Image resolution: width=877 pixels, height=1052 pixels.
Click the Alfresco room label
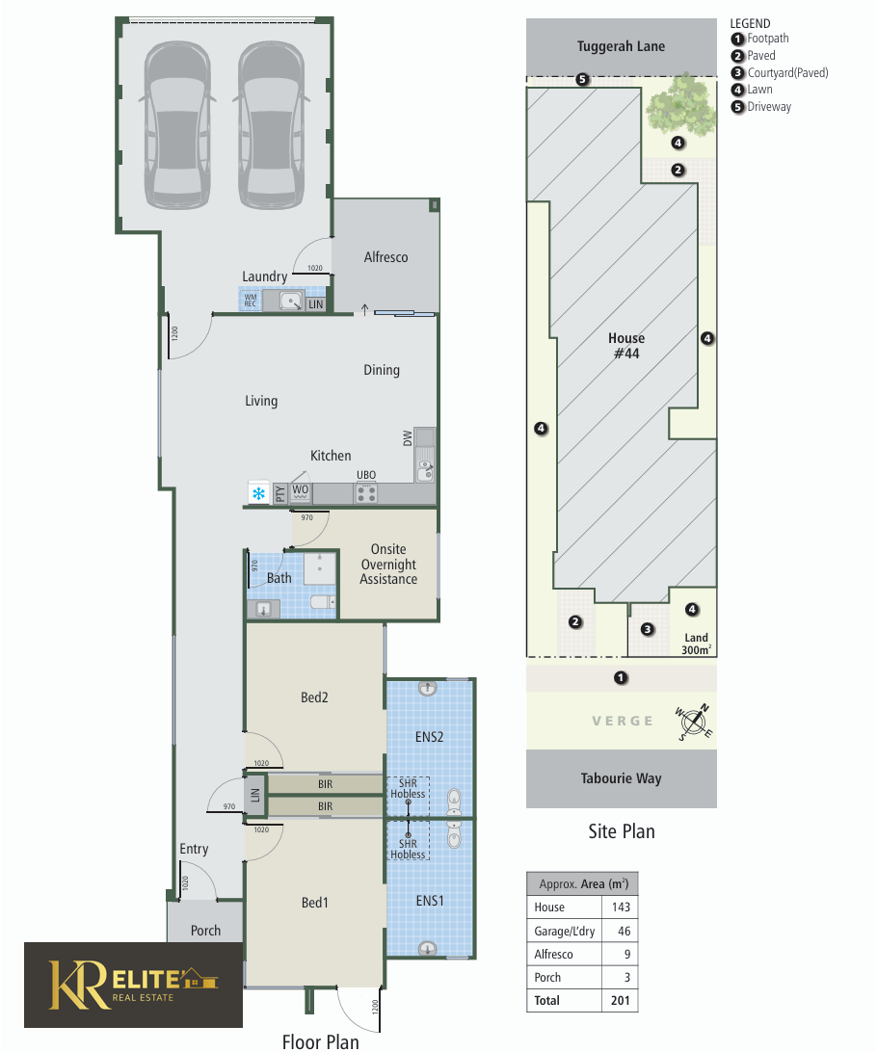coord(385,257)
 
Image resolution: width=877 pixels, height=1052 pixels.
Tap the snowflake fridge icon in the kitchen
coord(258,494)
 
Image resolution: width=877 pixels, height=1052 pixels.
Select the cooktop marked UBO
coord(366,494)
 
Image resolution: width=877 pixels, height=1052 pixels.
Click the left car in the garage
coord(177,125)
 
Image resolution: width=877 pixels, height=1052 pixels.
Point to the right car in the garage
coord(271,125)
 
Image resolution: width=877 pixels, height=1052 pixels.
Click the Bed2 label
coord(314,697)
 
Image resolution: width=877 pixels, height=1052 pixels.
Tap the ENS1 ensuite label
coord(430,901)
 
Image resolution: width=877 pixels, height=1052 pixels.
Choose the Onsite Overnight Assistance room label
coord(388,565)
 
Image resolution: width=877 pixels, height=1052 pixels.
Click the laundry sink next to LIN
coord(291,302)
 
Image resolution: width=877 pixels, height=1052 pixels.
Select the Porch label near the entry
coord(205,931)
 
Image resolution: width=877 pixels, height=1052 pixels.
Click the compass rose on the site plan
coord(694,722)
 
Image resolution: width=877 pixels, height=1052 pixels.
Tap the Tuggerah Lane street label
coord(622,46)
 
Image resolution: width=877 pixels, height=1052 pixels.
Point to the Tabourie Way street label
coord(622,778)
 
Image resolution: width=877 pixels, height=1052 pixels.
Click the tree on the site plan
coord(680,105)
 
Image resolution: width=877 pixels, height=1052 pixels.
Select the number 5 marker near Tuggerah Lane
coord(582,79)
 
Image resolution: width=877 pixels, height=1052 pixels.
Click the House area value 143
coord(621,907)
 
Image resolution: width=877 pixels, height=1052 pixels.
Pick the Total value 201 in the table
coord(621,1000)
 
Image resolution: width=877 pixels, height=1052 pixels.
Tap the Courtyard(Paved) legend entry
coord(780,72)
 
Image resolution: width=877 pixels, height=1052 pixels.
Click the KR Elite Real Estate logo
coord(134,985)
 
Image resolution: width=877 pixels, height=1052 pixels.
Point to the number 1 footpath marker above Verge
coord(622,677)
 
